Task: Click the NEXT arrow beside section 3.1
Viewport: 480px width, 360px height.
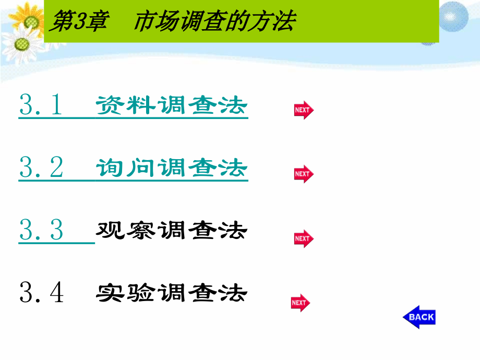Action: (303, 110)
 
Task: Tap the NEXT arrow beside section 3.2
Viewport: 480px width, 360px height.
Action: (303, 174)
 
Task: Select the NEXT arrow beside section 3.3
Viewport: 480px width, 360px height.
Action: (303, 238)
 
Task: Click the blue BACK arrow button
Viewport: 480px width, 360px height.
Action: (419, 317)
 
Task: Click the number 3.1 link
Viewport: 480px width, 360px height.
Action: (41, 106)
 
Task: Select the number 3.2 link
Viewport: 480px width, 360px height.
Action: (41, 168)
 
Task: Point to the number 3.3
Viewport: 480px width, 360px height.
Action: (41, 230)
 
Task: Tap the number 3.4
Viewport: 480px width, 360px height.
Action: (41, 293)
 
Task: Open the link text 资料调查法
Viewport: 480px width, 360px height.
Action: (172, 106)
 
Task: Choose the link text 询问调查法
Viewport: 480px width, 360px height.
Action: (172, 168)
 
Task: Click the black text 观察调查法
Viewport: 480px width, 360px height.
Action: (172, 230)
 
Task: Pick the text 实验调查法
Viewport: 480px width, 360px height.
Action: (172, 293)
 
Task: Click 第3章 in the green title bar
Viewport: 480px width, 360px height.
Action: (77, 22)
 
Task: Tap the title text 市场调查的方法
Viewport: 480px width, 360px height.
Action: (214, 22)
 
